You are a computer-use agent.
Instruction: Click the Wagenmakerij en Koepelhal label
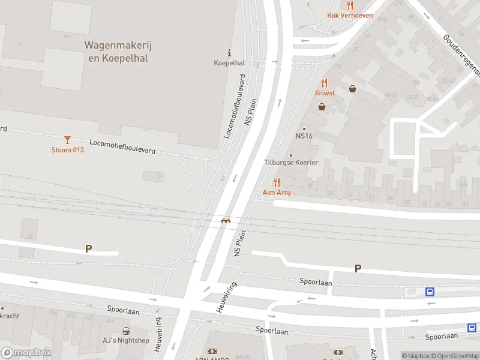(116, 52)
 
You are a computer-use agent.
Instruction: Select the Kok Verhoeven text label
(350, 16)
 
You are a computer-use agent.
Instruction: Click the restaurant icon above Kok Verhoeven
(350, 5)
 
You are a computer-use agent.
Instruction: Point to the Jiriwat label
(324, 93)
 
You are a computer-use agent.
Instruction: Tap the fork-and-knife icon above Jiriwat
(324, 83)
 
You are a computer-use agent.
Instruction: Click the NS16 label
(304, 136)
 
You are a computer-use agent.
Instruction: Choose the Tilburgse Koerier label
(291, 163)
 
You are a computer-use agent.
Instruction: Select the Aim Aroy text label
(277, 193)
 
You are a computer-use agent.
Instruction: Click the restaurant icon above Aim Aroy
(277, 182)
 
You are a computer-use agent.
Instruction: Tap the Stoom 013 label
(67, 149)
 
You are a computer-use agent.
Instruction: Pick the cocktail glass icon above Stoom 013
(67, 140)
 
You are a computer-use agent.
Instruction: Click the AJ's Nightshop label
(126, 340)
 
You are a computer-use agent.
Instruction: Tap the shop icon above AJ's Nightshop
(126, 331)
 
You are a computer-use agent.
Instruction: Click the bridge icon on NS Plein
(226, 220)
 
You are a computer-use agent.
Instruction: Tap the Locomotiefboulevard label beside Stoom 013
(122, 146)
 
